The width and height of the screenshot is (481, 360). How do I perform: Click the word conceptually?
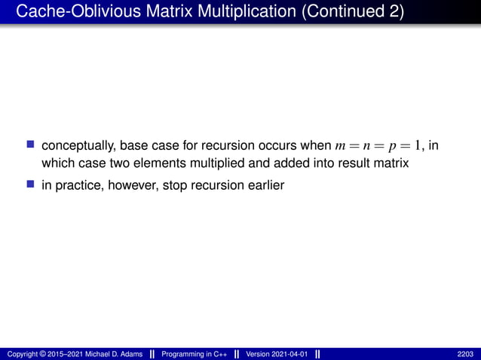coord(78,145)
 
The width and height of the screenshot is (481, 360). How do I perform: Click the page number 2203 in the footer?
coord(466,354)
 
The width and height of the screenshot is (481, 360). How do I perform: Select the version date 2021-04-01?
coord(287,354)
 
